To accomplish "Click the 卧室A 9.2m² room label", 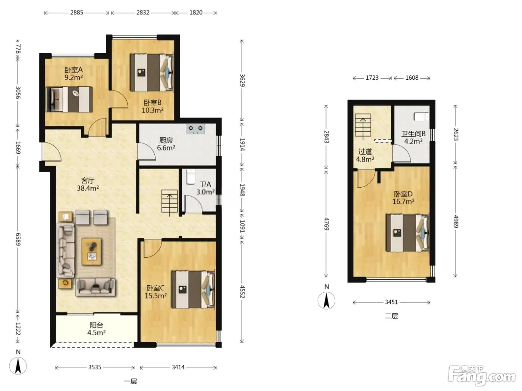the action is (74, 73).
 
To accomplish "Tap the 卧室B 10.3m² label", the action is (152, 107).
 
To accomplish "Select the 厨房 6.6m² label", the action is (166, 144).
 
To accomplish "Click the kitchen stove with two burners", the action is (195, 129).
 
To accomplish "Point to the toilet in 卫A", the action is (191, 177).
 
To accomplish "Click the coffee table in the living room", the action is (92, 252).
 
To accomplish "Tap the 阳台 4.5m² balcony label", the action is (96, 329).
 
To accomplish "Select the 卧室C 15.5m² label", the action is (155, 292).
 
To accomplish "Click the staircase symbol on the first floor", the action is (170, 201).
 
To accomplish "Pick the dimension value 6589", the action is (18, 239).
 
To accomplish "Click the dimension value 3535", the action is (95, 367).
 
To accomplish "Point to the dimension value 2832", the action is (143, 12).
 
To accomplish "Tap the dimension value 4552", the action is (242, 292).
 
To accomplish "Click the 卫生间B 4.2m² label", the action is (413, 137).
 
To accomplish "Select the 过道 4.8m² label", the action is (365, 155).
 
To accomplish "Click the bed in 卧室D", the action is (408, 233).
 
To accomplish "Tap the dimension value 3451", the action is (391, 302).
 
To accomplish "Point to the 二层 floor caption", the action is (391, 316).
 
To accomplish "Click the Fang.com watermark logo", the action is (482, 376).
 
